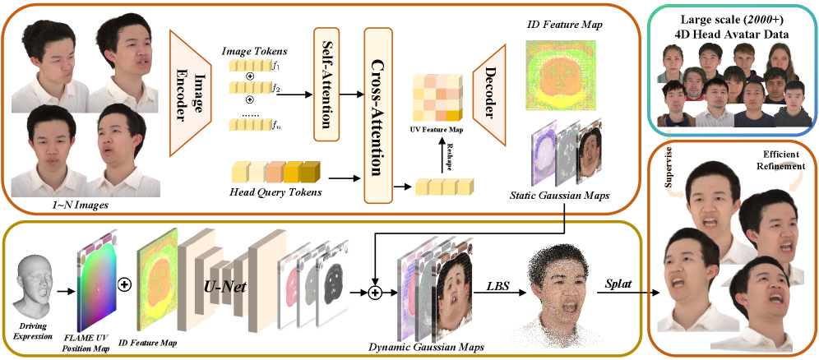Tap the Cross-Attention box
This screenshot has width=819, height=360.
(x=380, y=107)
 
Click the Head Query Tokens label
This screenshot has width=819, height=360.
(x=275, y=196)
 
